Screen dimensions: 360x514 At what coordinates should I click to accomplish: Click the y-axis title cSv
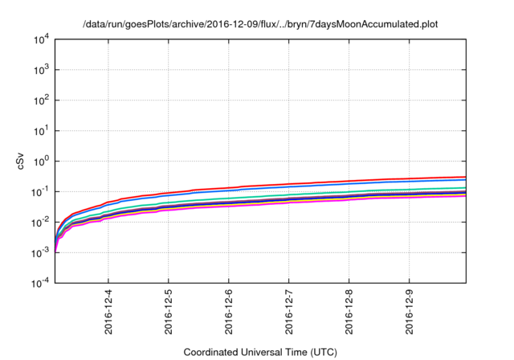22,161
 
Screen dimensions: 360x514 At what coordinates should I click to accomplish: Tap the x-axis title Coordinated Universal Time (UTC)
260,353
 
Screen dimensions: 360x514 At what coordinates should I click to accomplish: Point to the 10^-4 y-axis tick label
43,283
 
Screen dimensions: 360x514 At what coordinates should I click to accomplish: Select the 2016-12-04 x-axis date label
108,312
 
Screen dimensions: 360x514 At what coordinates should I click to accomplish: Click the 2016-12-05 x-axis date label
168,312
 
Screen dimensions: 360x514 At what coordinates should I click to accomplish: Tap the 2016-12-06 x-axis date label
228,312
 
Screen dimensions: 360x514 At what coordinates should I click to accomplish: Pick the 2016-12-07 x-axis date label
288,312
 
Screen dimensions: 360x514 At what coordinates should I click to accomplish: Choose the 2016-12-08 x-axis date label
349,312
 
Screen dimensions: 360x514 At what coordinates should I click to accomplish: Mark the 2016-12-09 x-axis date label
409,312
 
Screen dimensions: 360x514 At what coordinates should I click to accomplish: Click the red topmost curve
321,182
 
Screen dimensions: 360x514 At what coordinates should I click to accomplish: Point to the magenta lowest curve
321,202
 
